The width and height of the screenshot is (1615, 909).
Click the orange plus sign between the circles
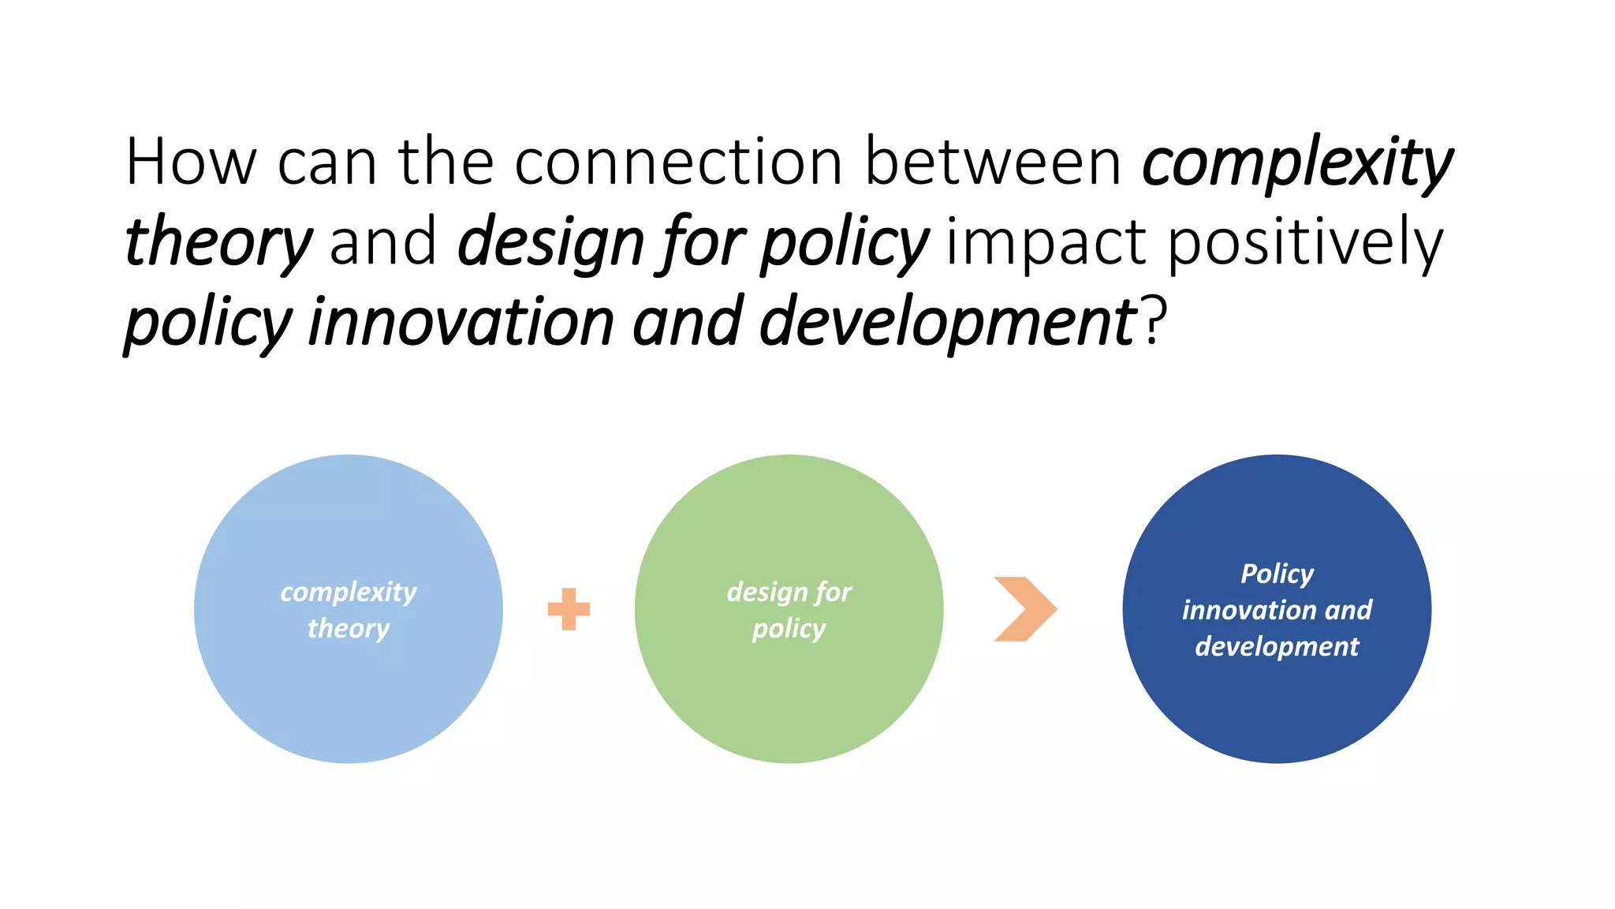pyautogui.click(x=569, y=609)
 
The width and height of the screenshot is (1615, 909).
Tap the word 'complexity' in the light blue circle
pyautogui.click(x=348, y=592)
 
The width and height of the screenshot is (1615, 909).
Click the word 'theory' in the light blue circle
pyautogui.click(x=348, y=629)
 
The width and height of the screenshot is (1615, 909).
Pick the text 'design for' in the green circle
pyautogui.click(x=789, y=592)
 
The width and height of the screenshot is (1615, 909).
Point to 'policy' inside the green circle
pyautogui.click(x=789, y=629)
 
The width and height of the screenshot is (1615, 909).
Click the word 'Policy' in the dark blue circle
pyautogui.click(x=1277, y=574)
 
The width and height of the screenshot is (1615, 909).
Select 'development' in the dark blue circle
pyautogui.click(x=1277, y=647)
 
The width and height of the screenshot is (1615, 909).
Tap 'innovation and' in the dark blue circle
pyautogui.click(x=1277, y=610)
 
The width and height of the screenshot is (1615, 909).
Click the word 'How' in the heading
pyautogui.click(x=191, y=163)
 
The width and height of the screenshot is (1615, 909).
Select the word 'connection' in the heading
pyautogui.click(x=678, y=163)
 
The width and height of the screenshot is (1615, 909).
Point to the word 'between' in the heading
pyautogui.click(x=993, y=163)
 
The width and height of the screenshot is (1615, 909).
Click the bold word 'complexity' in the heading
pyautogui.click(x=1296, y=164)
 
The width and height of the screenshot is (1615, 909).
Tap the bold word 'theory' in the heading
pyautogui.click(x=218, y=243)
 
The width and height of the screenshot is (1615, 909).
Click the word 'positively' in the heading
pyautogui.click(x=1305, y=243)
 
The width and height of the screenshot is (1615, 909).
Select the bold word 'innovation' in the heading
pyautogui.click(x=461, y=322)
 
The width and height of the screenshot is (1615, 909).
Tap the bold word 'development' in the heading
pyautogui.click(x=946, y=322)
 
